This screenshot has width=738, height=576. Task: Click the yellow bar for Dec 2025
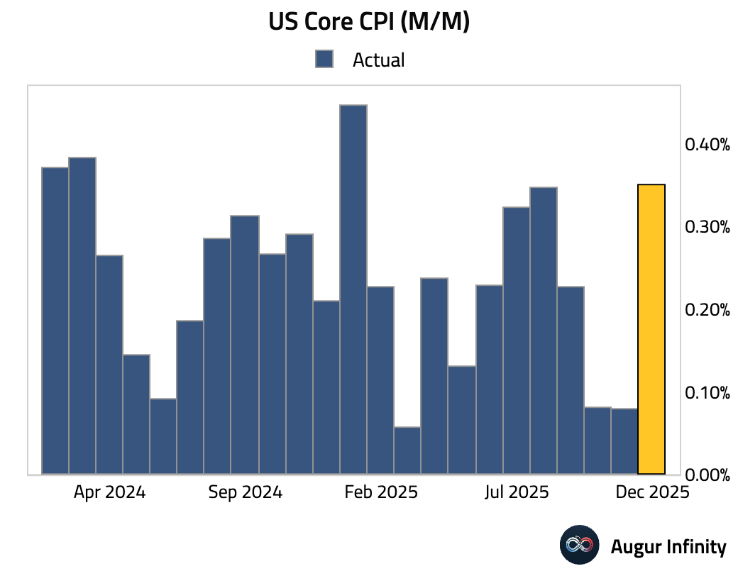[x=651, y=329]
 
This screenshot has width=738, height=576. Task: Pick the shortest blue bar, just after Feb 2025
[x=407, y=450]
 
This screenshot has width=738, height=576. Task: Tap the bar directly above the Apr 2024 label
[x=109, y=365]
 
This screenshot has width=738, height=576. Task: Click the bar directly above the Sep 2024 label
[x=245, y=345]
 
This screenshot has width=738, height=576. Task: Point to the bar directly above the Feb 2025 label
[x=380, y=380]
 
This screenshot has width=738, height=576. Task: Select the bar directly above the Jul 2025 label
[x=516, y=340]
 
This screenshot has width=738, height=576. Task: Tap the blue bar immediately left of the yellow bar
[x=624, y=441]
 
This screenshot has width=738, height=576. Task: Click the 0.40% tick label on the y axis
[x=707, y=145]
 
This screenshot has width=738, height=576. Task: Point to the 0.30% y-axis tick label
[x=707, y=227]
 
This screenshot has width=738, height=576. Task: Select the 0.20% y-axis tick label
[x=707, y=310]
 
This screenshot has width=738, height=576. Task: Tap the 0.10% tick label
[x=707, y=392]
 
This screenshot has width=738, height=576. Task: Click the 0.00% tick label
[x=707, y=475]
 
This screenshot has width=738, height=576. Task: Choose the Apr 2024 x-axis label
[x=109, y=492]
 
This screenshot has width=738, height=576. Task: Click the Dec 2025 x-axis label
[x=651, y=492]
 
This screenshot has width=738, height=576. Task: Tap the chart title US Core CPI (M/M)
[x=369, y=23]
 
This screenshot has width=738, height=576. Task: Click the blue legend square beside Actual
[x=324, y=60]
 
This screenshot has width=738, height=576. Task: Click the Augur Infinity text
[x=668, y=547]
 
